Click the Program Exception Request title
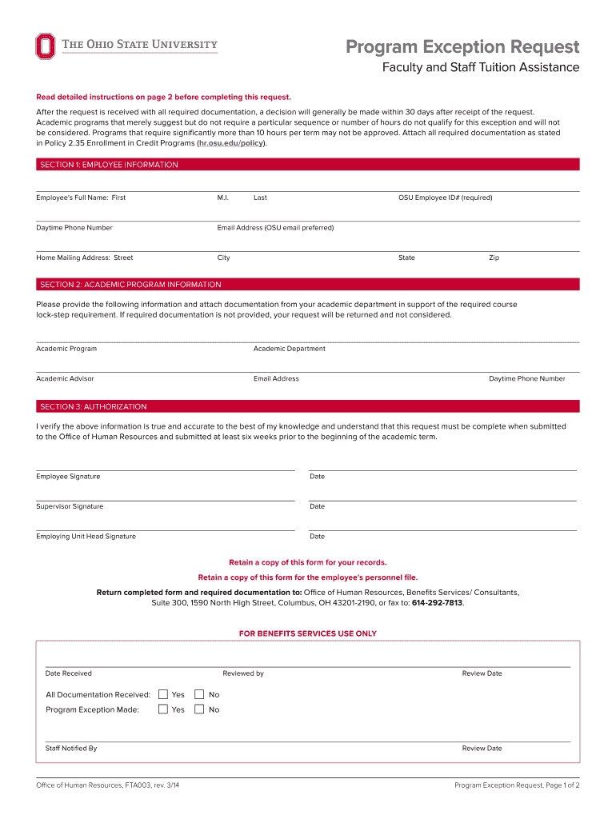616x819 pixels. pos(462,47)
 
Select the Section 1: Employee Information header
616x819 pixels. pos(109,165)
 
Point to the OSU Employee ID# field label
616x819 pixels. pos(445,198)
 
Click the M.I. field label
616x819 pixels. pos(223,198)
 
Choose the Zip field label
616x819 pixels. pos(494,258)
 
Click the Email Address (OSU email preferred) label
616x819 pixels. pos(275,228)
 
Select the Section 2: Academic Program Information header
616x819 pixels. pos(130,285)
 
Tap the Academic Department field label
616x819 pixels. pos(289,349)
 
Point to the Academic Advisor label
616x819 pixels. pos(65,378)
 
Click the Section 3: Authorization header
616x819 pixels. pos(94,406)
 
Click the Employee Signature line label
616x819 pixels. pos(68,477)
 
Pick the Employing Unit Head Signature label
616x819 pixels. pos(86,537)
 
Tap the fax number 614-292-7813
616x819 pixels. pos(437,603)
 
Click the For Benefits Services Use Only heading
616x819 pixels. pos(307,633)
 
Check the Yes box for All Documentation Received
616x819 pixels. pos(163,694)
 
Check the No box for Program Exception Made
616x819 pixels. pos(199,709)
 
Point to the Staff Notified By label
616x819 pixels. pos(71,749)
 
